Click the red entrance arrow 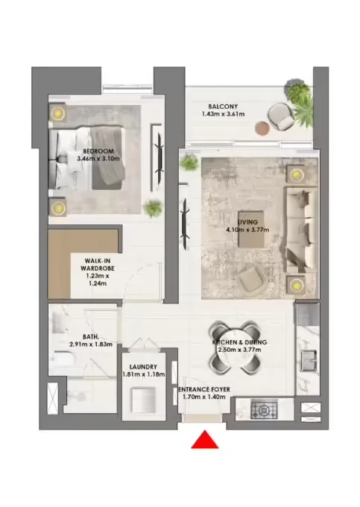point(204,441)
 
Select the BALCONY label point(224,106)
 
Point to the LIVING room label point(247,222)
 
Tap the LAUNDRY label point(142,367)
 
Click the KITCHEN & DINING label point(239,342)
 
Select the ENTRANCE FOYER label point(206,390)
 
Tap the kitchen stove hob point(263,409)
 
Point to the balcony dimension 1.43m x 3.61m point(224,115)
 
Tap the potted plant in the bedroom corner point(153,208)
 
